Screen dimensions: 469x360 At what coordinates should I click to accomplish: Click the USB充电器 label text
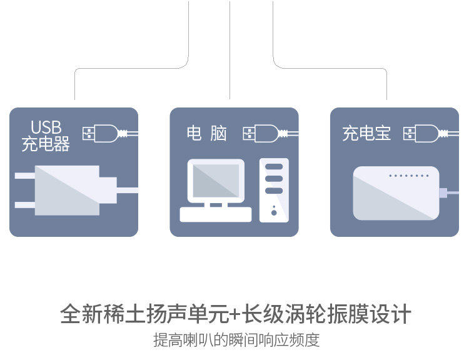click(x=46, y=136)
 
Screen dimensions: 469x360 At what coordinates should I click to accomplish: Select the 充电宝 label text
click(x=366, y=133)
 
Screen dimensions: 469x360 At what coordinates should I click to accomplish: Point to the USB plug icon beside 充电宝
click(x=421, y=133)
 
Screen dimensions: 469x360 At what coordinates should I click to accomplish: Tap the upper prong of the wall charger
click(x=25, y=176)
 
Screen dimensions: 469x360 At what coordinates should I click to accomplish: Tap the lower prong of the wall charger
click(x=25, y=204)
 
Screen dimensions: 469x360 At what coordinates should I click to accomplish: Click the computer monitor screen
click(x=216, y=181)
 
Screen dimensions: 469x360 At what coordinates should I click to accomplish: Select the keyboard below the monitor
click(x=216, y=214)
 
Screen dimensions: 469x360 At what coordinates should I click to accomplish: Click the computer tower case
click(x=274, y=190)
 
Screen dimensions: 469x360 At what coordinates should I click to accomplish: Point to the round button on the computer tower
click(x=274, y=213)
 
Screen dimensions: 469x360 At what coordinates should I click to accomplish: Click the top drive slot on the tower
click(x=274, y=167)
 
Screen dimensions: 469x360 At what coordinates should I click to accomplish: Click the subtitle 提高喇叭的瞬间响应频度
click(x=236, y=341)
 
